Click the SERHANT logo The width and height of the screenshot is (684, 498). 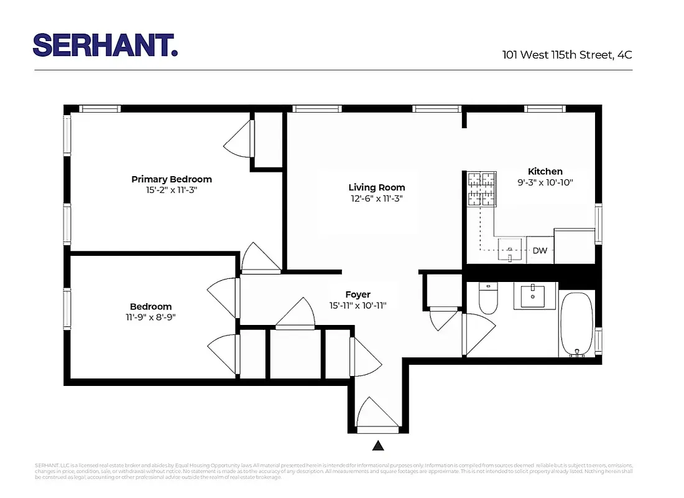point(105,45)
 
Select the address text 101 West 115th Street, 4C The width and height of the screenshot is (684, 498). point(566,55)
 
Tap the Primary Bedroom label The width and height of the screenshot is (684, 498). point(172,179)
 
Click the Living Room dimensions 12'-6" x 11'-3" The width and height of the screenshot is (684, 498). point(377,199)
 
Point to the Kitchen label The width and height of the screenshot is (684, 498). point(545,171)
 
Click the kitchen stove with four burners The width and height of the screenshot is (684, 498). point(483,189)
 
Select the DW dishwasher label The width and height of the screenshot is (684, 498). point(540,251)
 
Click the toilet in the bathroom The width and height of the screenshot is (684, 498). point(488,299)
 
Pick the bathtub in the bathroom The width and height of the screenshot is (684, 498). point(577,324)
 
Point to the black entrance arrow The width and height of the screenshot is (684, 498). point(378,445)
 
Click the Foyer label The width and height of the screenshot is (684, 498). point(358,294)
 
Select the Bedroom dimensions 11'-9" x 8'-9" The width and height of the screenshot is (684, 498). point(151,317)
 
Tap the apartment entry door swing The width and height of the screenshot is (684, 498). point(377,415)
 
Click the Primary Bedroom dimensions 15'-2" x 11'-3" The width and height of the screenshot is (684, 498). point(172,190)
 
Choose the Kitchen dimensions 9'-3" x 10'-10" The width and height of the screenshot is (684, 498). point(545,182)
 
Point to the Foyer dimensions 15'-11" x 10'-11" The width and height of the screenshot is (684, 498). point(358,306)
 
